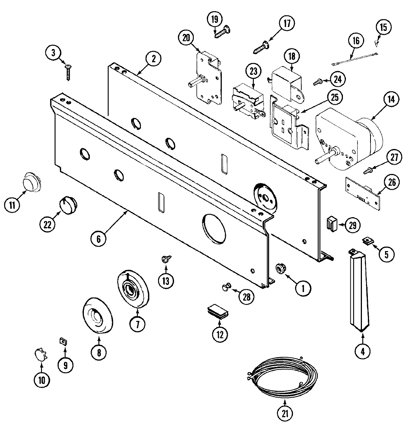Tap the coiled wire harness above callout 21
coord(283,377)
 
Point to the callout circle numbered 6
coord(98,238)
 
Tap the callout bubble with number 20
coord(186,37)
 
